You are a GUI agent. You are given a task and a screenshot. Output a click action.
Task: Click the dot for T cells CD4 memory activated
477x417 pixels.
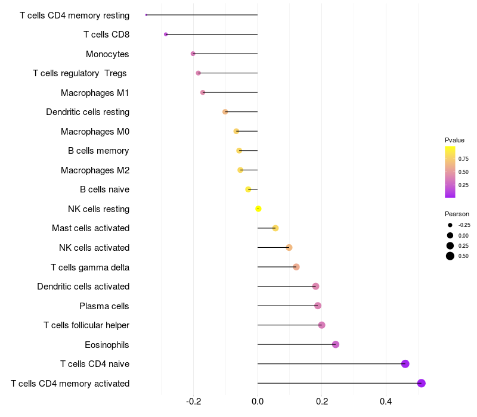[422, 383]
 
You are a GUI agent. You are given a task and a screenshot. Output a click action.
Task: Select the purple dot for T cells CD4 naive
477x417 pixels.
[405, 364]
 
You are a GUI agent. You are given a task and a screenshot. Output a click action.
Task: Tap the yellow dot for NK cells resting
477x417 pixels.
[258, 208]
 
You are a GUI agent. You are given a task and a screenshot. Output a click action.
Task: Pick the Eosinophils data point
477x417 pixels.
[336, 344]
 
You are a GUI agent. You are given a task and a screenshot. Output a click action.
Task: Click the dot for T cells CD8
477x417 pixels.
[166, 35]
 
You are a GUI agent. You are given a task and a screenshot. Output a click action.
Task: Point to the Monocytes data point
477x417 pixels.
[193, 54]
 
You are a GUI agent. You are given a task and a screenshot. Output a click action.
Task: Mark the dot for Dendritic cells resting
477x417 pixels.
[225, 112]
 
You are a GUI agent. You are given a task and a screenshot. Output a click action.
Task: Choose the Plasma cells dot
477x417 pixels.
[318, 306]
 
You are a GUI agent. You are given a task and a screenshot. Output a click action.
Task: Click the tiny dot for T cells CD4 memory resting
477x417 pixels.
[146, 15]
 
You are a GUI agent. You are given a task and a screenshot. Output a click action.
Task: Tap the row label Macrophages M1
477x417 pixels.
[95, 93]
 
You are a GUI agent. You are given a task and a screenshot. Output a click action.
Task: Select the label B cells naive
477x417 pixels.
[104, 189]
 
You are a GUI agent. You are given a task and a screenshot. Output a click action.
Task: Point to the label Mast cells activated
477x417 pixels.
[91, 228]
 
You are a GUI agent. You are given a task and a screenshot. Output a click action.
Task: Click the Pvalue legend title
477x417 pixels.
[454, 140]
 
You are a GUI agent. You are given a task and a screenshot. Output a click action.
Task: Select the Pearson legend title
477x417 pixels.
[457, 214]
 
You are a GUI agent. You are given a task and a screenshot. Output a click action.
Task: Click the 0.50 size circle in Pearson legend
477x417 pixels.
[450, 256]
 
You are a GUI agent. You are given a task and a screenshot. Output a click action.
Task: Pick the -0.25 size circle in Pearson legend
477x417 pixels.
[450, 225]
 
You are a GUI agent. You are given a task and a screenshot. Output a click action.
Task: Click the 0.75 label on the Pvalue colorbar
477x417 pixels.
[463, 159]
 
